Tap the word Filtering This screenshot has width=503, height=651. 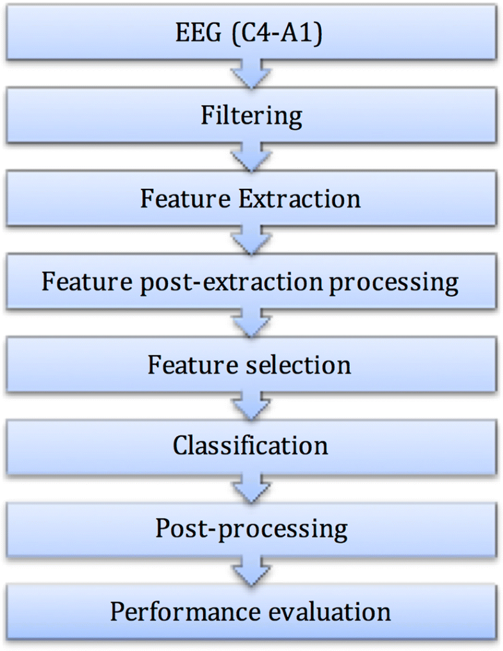[x=251, y=117]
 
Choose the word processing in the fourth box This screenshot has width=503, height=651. [x=395, y=282]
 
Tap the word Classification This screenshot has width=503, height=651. [x=251, y=446]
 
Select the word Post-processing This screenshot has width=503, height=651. [x=251, y=529]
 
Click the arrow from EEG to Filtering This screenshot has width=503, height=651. [x=251, y=73]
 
